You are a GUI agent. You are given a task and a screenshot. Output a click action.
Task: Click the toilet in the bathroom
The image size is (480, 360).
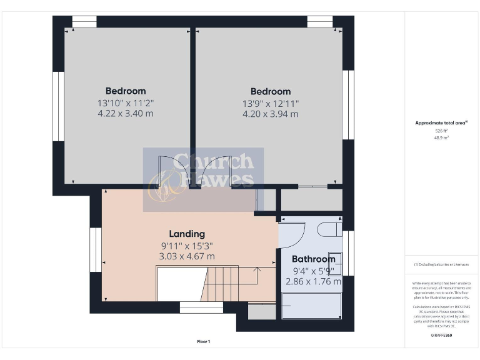pyautogui.click(x=329, y=229)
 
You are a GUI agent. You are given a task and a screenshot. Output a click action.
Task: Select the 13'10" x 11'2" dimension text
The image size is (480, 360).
pyautogui.click(x=126, y=102)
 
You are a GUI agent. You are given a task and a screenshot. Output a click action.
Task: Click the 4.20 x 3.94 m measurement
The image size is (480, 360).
pyautogui.click(x=271, y=114)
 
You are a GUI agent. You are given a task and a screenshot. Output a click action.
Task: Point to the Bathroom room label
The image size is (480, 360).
pyautogui.click(x=314, y=259)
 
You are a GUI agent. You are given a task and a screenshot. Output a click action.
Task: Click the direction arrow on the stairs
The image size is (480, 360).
pyautogui.click(x=256, y=269)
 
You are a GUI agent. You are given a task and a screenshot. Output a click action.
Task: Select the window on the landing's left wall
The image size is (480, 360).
pyautogui.click(x=95, y=250)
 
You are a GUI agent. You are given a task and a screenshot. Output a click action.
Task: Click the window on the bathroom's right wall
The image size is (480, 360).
pyautogui.click(x=349, y=253)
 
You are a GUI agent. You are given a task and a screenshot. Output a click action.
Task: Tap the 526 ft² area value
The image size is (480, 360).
pyautogui.click(x=441, y=131)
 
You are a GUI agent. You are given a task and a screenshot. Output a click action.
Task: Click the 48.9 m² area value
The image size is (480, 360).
pyautogui.click(x=441, y=137)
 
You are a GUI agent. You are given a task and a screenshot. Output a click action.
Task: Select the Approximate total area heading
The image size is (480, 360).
pyautogui.click(x=441, y=123)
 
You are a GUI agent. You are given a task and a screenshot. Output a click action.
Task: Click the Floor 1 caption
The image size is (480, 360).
pyautogui.click(x=203, y=341)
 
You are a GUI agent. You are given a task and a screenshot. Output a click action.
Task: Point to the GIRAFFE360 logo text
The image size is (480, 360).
pyautogui.click(x=441, y=336)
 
